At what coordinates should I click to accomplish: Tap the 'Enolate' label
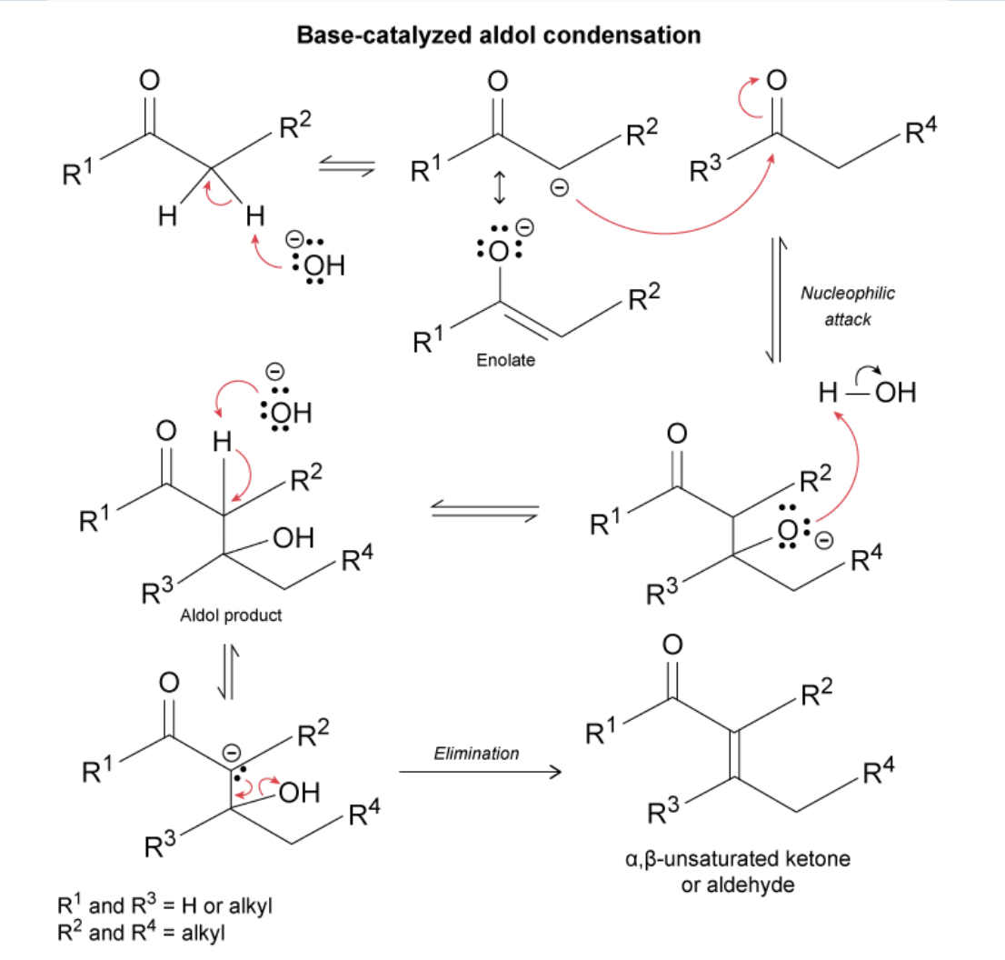point(505,360)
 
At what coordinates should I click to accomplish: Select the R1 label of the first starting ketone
point(75,170)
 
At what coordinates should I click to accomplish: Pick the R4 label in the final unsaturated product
point(877,774)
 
